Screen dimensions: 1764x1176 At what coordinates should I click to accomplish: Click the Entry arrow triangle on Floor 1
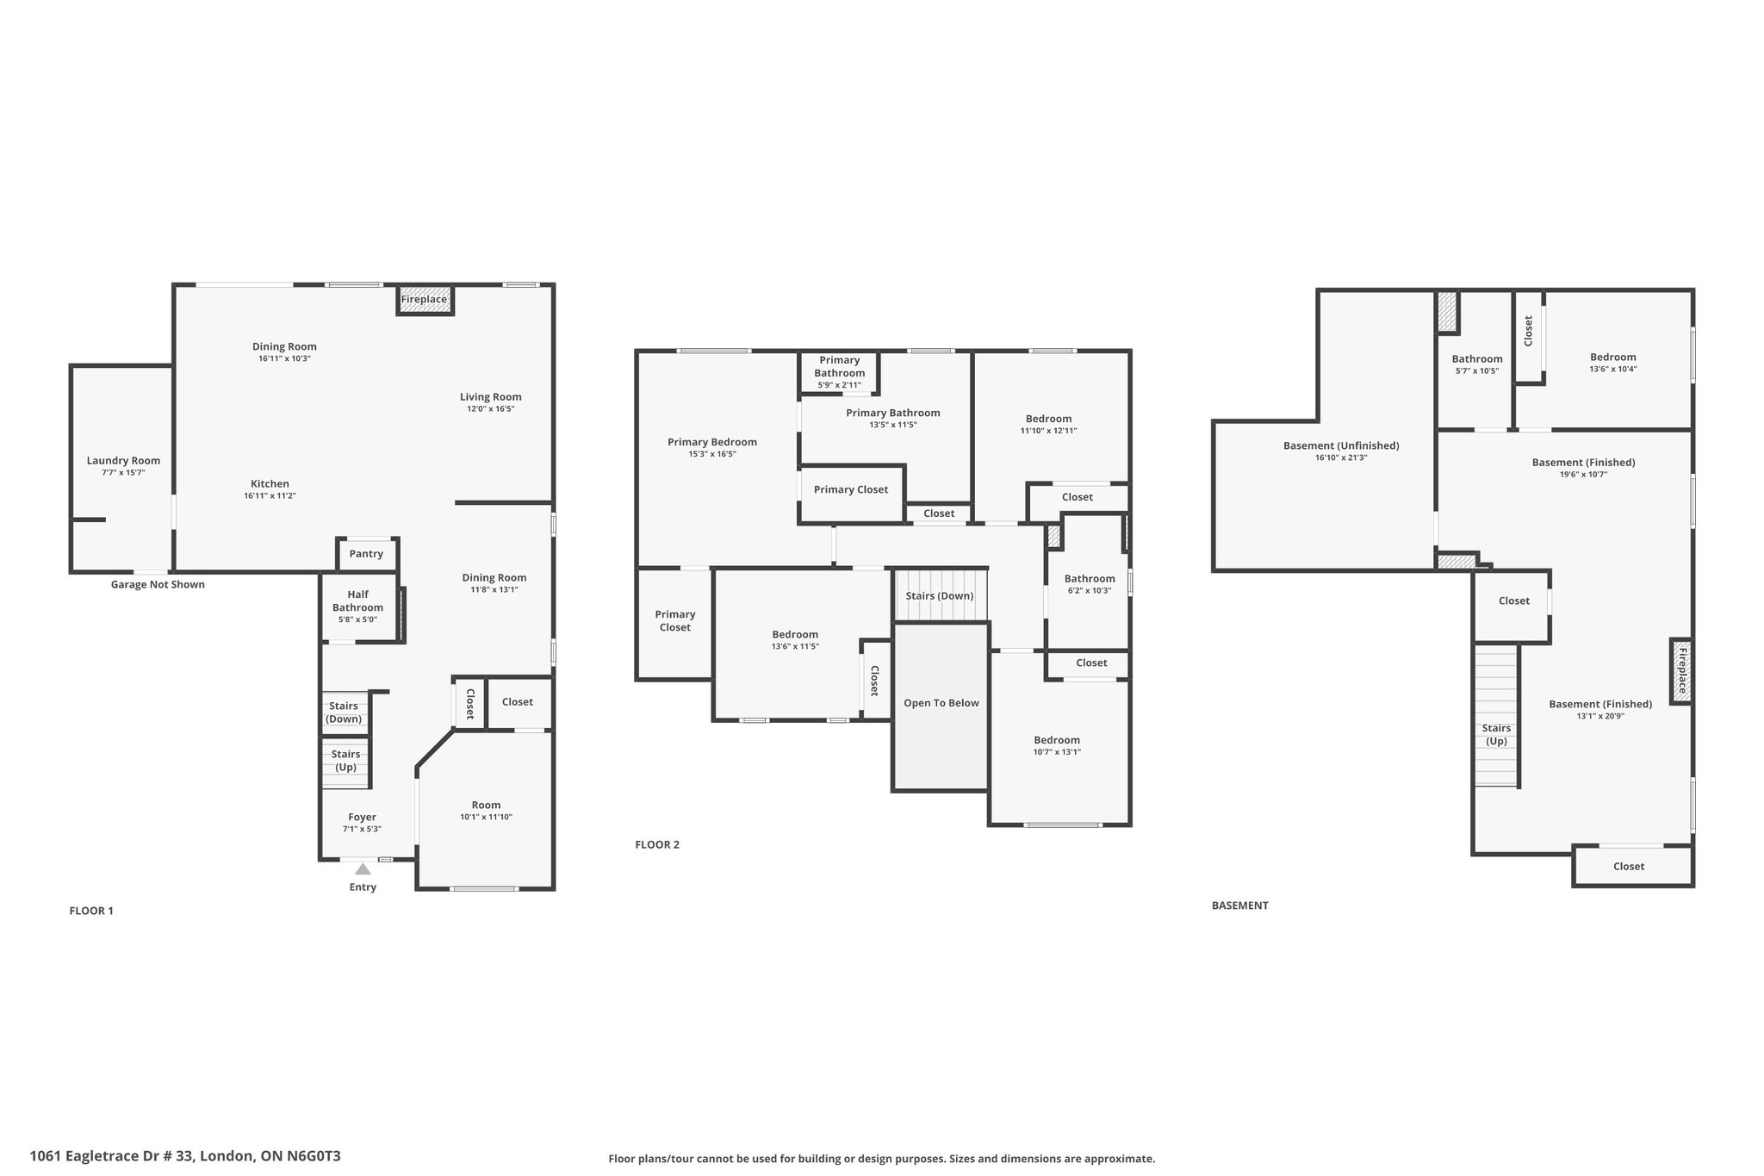[x=363, y=868]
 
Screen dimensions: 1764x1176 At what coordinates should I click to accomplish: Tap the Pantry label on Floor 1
[x=366, y=554]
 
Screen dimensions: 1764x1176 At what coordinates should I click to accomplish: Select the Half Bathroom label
[x=358, y=600]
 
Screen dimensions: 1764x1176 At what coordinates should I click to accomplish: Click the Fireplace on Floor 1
[x=424, y=299]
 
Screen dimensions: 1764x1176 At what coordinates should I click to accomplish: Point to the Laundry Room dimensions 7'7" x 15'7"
[x=123, y=473]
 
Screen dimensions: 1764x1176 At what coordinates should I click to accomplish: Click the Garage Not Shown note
[x=158, y=584]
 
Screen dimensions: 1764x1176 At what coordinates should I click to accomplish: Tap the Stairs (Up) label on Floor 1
[x=345, y=761]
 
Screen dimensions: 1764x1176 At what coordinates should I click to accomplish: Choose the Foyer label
[x=362, y=817]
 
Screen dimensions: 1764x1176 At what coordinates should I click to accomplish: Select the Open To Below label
[x=941, y=703]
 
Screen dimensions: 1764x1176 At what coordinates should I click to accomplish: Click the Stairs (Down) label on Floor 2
[x=940, y=596]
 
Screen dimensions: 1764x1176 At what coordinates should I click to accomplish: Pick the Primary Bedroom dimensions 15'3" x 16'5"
[x=712, y=454]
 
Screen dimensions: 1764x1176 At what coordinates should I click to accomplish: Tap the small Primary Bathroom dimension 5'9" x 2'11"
[x=839, y=385]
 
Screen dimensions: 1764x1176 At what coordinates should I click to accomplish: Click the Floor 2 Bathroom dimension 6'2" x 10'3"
[x=1090, y=590]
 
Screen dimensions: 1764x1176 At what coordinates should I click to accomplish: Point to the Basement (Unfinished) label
[x=1341, y=445]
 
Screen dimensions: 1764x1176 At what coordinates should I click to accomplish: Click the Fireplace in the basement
[x=1681, y=671]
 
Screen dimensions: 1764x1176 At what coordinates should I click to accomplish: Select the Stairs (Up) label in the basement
[x=1497, y=735]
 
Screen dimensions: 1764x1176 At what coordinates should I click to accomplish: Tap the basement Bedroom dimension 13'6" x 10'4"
[x=1612, y=369]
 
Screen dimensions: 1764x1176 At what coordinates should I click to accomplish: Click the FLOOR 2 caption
[x=657, y=844]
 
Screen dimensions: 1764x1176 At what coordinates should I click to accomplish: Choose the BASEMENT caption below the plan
[x=1239, y=905]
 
